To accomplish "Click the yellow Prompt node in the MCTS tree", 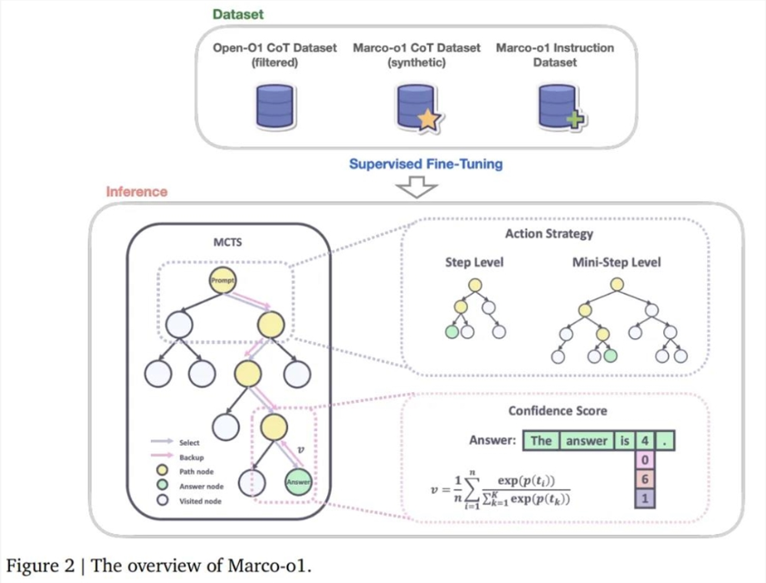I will coord(223,280).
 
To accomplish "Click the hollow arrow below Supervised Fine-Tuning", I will coord(413,186).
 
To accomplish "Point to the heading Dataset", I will coord(237,15).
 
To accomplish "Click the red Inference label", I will coord(136,192).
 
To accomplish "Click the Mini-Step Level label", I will coord(617,263).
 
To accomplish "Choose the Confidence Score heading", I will coord(557,411).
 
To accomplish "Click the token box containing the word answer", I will coord(587,441).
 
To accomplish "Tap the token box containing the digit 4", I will coord(643,441).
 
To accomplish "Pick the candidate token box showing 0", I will coord(643,461).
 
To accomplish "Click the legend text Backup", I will coord(192,457).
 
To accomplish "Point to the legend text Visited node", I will coord(200,500).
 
